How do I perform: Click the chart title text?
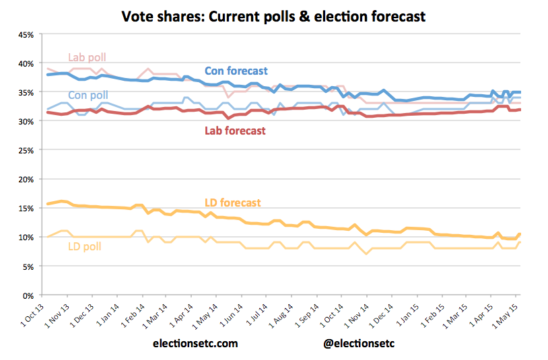point(273,15)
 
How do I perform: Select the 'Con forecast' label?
point(236,71)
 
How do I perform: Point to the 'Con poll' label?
point(88,96)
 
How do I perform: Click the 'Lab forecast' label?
point(235,131)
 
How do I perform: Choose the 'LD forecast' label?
point(232,202)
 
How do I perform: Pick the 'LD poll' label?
point(85,246)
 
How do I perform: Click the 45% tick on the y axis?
point(24,34)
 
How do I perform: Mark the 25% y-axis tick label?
point(24,150)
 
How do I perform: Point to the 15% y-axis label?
point(24,209)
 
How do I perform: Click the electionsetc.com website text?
point(195,343)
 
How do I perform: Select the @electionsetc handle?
point(359,343)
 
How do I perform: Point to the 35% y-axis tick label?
point(24,92)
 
